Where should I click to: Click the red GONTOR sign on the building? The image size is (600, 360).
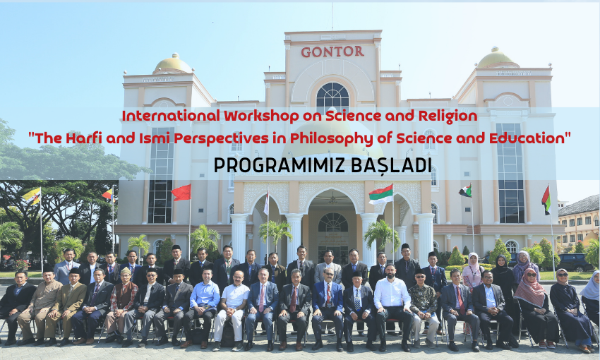(332, 52)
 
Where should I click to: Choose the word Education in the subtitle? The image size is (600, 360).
(529, 138)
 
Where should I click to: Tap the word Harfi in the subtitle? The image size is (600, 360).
(84, 138)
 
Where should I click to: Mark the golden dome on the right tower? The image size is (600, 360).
(496, 58)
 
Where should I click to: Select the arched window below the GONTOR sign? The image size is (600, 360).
(332, 98)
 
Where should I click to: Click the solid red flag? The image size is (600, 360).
(181, 193)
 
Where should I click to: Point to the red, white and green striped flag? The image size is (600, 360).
(380, 194)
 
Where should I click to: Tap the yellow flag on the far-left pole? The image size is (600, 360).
(32, 196)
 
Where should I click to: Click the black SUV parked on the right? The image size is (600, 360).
(574, 263)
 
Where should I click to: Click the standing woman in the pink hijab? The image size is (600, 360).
(474, 272)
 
